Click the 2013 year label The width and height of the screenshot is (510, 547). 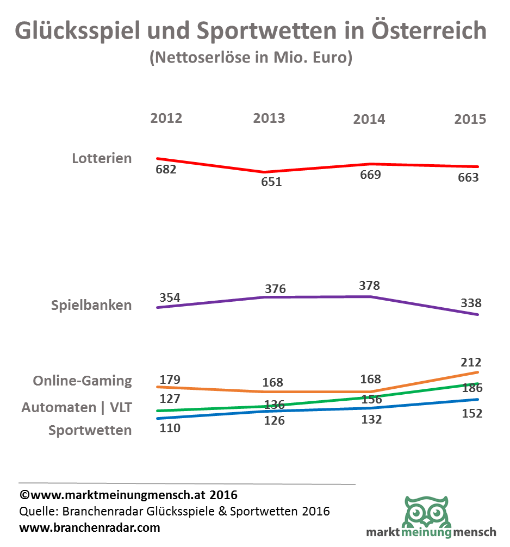pos(269,119)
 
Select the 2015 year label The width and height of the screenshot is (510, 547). pos(470,119)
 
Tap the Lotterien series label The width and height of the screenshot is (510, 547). pos(102,159)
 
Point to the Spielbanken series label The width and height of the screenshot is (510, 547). pos(91,305)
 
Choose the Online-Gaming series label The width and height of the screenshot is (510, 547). pos(82,381)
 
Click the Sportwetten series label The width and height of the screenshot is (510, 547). pos(90,431)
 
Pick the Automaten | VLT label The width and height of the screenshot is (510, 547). pos(77,407)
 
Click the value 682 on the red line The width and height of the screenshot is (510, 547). pos(166,169)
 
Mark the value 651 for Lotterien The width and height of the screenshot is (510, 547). pos(271,182)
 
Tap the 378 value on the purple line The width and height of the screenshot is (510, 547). pos(370,285)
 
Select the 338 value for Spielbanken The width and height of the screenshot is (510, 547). pos(471,303)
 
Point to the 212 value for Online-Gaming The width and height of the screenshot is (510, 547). pos(471,362)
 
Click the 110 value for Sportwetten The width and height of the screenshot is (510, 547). pos(169,428)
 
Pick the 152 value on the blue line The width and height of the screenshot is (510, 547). pos(471,413)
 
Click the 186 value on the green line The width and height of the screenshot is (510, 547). pos(471,388)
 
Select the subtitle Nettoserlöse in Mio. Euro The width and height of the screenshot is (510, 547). pos(251,57)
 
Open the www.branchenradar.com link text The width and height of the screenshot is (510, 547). pos(90,527)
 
